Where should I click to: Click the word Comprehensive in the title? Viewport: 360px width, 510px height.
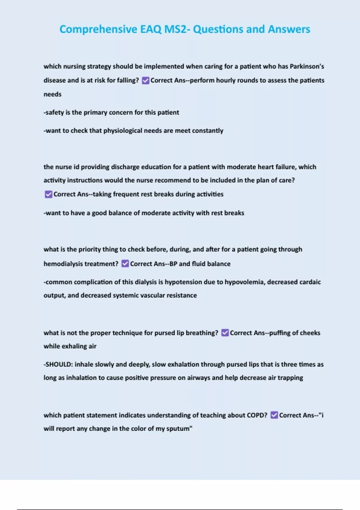[x=98, y=29]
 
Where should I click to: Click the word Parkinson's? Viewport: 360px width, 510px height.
[x=307, y=66]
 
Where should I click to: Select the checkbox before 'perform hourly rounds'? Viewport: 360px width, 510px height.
[x=145, y=80]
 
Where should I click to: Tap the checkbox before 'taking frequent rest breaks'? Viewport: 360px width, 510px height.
[x=48, y=194]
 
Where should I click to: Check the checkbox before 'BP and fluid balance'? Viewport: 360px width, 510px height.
[x=125, y=264]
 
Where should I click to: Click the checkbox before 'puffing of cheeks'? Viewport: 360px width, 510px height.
[x=225, y=333]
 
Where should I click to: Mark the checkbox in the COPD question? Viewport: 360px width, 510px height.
[x=274, y=415]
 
